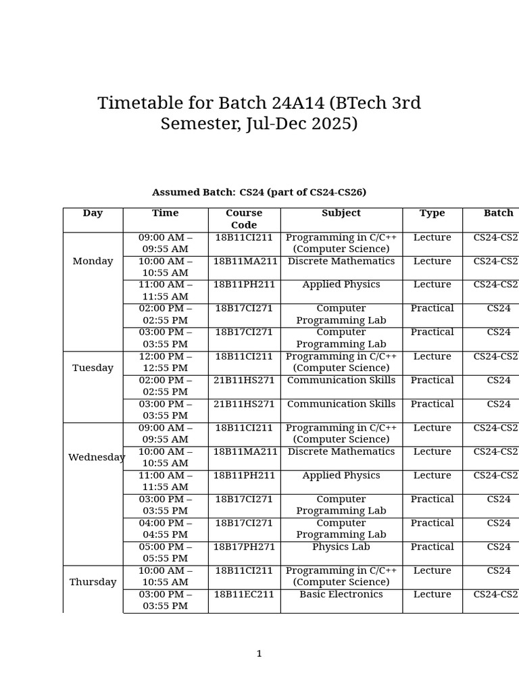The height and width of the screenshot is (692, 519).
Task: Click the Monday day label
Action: pos(93,262)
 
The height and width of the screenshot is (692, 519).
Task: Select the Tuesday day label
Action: pos(93,368)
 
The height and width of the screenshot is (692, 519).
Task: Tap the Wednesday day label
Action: pos(97,458)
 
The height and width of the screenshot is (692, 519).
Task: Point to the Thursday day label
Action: pos(93,582)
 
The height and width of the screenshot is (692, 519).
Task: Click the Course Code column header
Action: pos(244,219)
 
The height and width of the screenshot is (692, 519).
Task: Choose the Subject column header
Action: pos(341,213)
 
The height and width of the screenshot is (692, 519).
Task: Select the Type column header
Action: pos(432,213)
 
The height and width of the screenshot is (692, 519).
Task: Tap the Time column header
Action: pos(166,213)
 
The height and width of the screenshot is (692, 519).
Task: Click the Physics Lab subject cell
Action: pos(341,547)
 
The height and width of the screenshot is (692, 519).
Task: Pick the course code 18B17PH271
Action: pos(244,547)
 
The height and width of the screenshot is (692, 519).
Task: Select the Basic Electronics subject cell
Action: pos(341,595)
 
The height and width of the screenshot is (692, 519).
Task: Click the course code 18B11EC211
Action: pos(244,595)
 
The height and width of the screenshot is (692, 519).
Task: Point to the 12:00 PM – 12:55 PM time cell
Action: pos(166,362)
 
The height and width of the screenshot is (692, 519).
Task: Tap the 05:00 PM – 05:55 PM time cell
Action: pos(166,553)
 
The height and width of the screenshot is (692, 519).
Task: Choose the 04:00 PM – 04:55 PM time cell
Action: pos(166,528)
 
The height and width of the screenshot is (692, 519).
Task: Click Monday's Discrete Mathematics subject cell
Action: pos(341,262)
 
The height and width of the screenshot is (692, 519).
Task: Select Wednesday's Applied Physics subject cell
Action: pos(341,476)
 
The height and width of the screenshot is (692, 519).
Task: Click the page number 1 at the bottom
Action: pos(259,653)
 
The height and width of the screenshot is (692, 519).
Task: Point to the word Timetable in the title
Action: pos(141,103)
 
